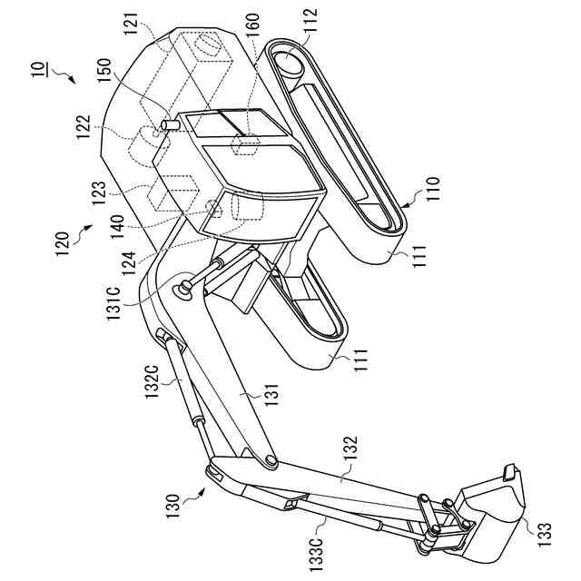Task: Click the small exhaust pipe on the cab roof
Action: pyautogui.click(x=169, y=124)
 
